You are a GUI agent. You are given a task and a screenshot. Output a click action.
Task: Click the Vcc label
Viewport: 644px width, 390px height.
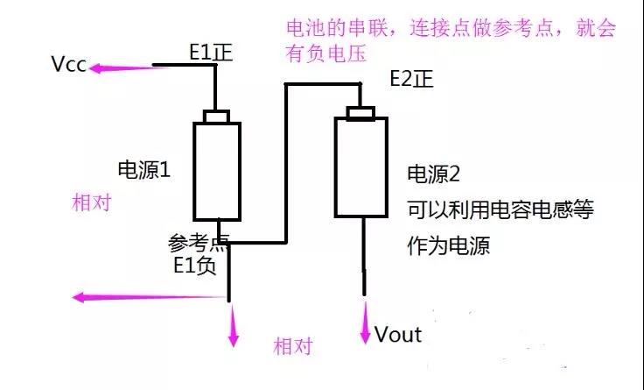(x=67, y=65)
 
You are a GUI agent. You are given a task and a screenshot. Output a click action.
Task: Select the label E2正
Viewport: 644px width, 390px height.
(x=411, y=81)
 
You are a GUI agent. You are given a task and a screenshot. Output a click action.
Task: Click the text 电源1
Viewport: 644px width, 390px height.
(x=143, y=170)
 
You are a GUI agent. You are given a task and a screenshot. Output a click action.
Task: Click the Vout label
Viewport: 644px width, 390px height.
(x=398, y=334)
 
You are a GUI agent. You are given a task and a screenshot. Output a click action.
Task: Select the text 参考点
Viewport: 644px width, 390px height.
(x=195, y=241)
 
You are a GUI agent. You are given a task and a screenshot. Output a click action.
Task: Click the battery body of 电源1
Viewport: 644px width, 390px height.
(x=216, y=171)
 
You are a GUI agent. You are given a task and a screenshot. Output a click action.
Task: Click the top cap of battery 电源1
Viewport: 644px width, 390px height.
(x=216, y=117)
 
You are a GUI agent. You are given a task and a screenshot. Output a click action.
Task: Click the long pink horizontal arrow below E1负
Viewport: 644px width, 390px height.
(x=149, y=297)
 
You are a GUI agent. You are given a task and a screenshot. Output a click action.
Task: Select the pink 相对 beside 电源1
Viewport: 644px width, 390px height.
(x=92, y=202)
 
